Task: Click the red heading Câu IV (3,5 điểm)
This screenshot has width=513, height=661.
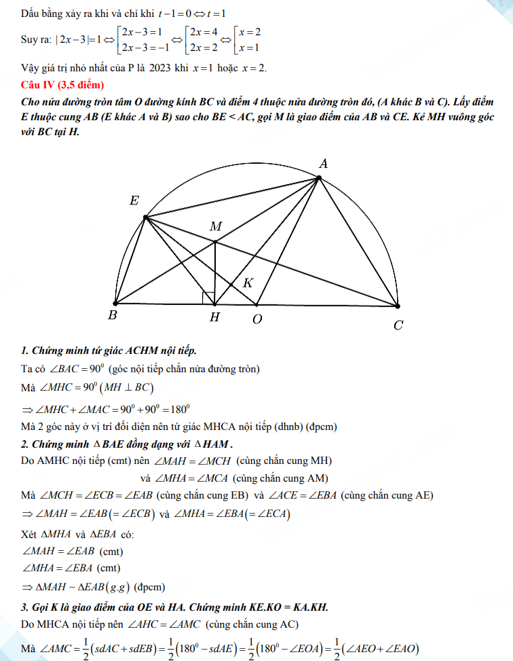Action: coord(62,85)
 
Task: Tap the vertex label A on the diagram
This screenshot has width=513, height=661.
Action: coord(324,164)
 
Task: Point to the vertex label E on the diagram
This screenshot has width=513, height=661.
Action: coord(134,200)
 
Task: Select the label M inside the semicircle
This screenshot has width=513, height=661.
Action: coord(216,226)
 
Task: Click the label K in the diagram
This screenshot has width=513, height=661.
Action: coord(248,283)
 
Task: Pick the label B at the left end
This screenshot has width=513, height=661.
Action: coord(113,316)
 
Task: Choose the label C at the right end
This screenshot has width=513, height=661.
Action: coord(398,325)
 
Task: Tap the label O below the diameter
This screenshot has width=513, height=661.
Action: coord(257,319)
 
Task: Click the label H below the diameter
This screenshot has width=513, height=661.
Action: coord(214,318)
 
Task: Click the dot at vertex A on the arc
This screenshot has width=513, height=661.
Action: coord(320,178)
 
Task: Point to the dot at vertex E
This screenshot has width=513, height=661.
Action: coord(145,217)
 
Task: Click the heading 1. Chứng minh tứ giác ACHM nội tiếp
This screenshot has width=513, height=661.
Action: coord(109,351)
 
